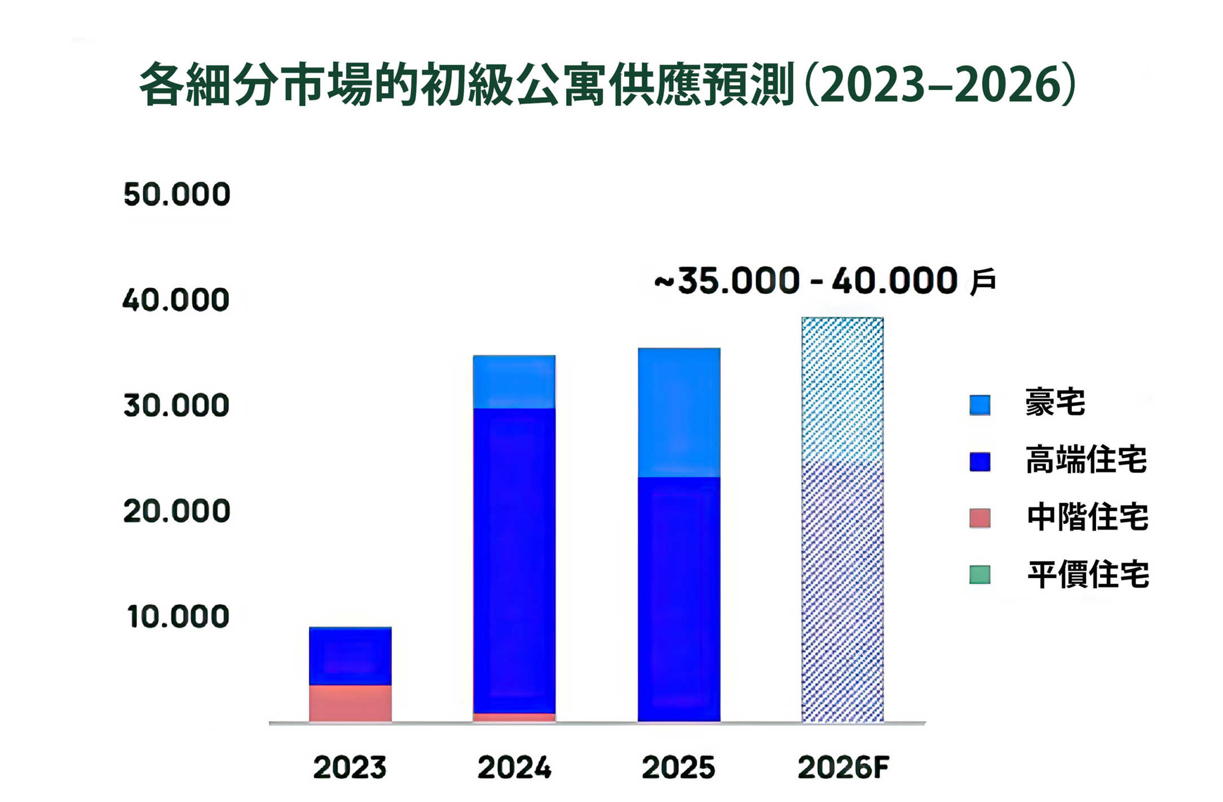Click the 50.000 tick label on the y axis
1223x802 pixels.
point(176,195)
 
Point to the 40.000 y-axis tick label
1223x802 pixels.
point(176,300)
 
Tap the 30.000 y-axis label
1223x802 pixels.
point(176,406)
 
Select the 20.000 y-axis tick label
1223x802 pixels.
point(176,511)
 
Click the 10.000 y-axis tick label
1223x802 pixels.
point(178,616)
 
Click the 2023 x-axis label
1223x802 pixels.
point(350,768)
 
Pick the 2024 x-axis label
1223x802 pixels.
point(514,768)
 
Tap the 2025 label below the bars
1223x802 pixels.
point(678,768)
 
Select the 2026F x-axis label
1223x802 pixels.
point(843,768)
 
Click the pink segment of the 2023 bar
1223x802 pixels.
point(350,703)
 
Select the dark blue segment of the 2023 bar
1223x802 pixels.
point(350,656)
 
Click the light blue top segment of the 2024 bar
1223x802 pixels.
point(514,382)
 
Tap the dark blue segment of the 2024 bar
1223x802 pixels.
point(514,561)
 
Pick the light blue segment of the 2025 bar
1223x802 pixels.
point(679,413)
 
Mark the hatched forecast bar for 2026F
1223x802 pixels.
point(842,519)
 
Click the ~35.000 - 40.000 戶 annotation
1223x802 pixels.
point(824,281)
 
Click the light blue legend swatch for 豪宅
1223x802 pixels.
point(980,405)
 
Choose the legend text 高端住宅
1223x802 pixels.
point(1086,460)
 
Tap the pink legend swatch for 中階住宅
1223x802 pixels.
point(980,518)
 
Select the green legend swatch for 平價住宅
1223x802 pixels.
point(980,575)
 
